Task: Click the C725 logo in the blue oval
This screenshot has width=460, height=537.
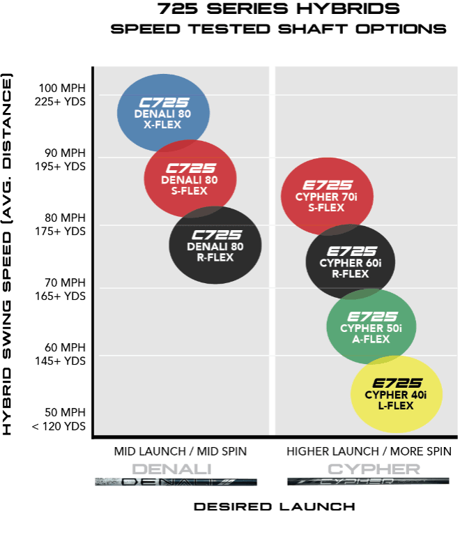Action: point(164,103)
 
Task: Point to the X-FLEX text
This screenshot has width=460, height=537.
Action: point(162,125)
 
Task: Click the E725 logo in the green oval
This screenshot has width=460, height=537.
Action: point(371,317)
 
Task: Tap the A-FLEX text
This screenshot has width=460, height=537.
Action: point(371,340)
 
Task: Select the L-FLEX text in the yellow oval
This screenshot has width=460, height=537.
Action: point(396,406)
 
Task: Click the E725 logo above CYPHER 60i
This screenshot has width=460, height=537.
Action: point(351,251)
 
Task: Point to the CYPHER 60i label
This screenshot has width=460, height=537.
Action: point(351,263)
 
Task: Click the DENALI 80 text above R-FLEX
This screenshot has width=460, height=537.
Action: point(215,246)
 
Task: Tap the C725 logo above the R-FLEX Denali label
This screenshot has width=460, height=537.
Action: point(216,235)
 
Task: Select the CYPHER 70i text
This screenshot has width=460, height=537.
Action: point(326,197)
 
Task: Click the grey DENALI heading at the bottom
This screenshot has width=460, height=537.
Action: point(171,469)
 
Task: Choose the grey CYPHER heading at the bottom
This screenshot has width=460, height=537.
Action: point(374,469)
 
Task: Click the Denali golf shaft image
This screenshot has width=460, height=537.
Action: point(176,481)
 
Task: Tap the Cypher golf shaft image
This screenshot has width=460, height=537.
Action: point(367,481)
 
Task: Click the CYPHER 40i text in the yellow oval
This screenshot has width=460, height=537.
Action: point(395,395)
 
